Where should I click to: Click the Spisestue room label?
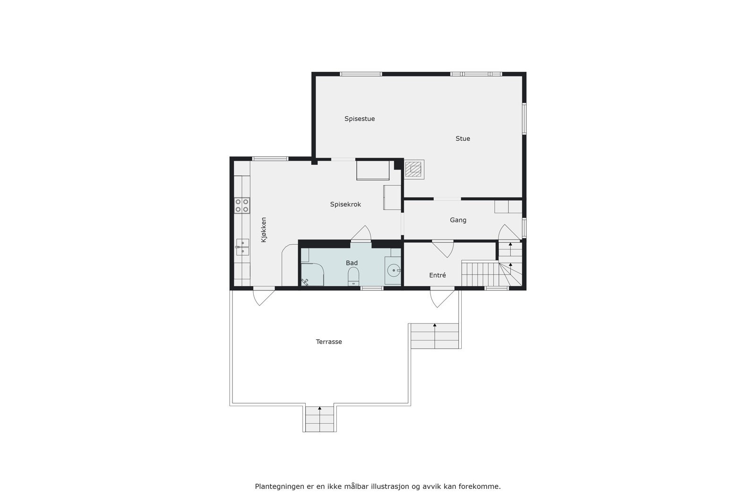tap(360, 119)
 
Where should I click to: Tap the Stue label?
tap(463, 138)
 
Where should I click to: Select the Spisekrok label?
tap(345, 205)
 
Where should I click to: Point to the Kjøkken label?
tap(264, 230)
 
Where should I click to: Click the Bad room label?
tap(352, 263)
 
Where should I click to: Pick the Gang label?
tap(458, 220)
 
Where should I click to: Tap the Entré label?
tap(437, 275)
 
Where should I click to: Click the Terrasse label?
tap(329, 342)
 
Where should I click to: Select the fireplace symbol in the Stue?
tap(414, 169)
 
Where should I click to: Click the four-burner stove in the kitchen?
tap(242, 205)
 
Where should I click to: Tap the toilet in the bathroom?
tap(353, 275)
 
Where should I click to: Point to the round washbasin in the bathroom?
tap(393, 271)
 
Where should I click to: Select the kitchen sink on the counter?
tap(242, 247)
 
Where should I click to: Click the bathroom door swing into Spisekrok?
tap(361, 234)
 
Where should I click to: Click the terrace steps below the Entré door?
tap(435, 336)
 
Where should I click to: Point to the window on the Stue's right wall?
tap(524, 119)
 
